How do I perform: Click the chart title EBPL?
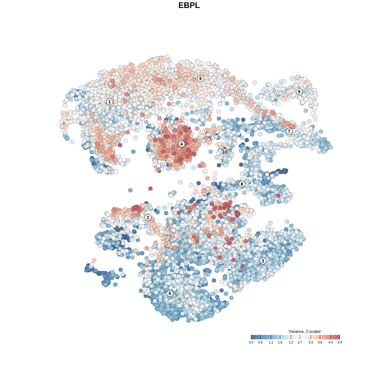[x=189, y=5]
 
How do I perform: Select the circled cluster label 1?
[x=110, y=102]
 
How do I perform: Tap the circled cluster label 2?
[x=148, y=218]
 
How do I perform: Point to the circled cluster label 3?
[x=263, y=261]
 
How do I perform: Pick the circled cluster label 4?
[x=182, y=144]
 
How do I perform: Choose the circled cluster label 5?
[x=170, y=293]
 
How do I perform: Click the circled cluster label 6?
[x=201, y=78]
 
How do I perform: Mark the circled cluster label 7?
[x=289, y=131]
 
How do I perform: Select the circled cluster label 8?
[x=242, y=184]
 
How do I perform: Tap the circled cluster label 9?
[x=299, y=92]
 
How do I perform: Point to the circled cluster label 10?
[x=225, y=152]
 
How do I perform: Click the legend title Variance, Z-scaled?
[x=304, y=331]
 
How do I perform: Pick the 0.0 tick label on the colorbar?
[x=251, y=342]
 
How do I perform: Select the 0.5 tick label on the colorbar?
[x=260, y=342]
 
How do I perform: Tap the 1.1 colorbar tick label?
[x=271, y=342]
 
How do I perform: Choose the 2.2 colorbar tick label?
[x=291, y=342]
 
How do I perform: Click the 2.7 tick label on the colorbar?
[x=300, y=342]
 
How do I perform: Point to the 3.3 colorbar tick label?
[x=311, y=342]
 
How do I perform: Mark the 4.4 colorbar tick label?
[x=330, y=342]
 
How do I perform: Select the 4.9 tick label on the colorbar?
[x=340, y=342]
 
